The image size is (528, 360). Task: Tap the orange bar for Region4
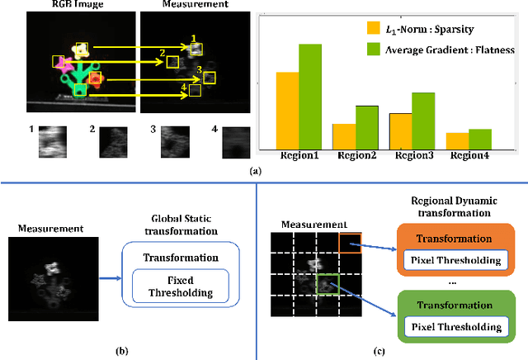(456, 140)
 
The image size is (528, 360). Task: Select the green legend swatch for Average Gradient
(374, 50)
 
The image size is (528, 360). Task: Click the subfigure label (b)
(121, 350)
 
